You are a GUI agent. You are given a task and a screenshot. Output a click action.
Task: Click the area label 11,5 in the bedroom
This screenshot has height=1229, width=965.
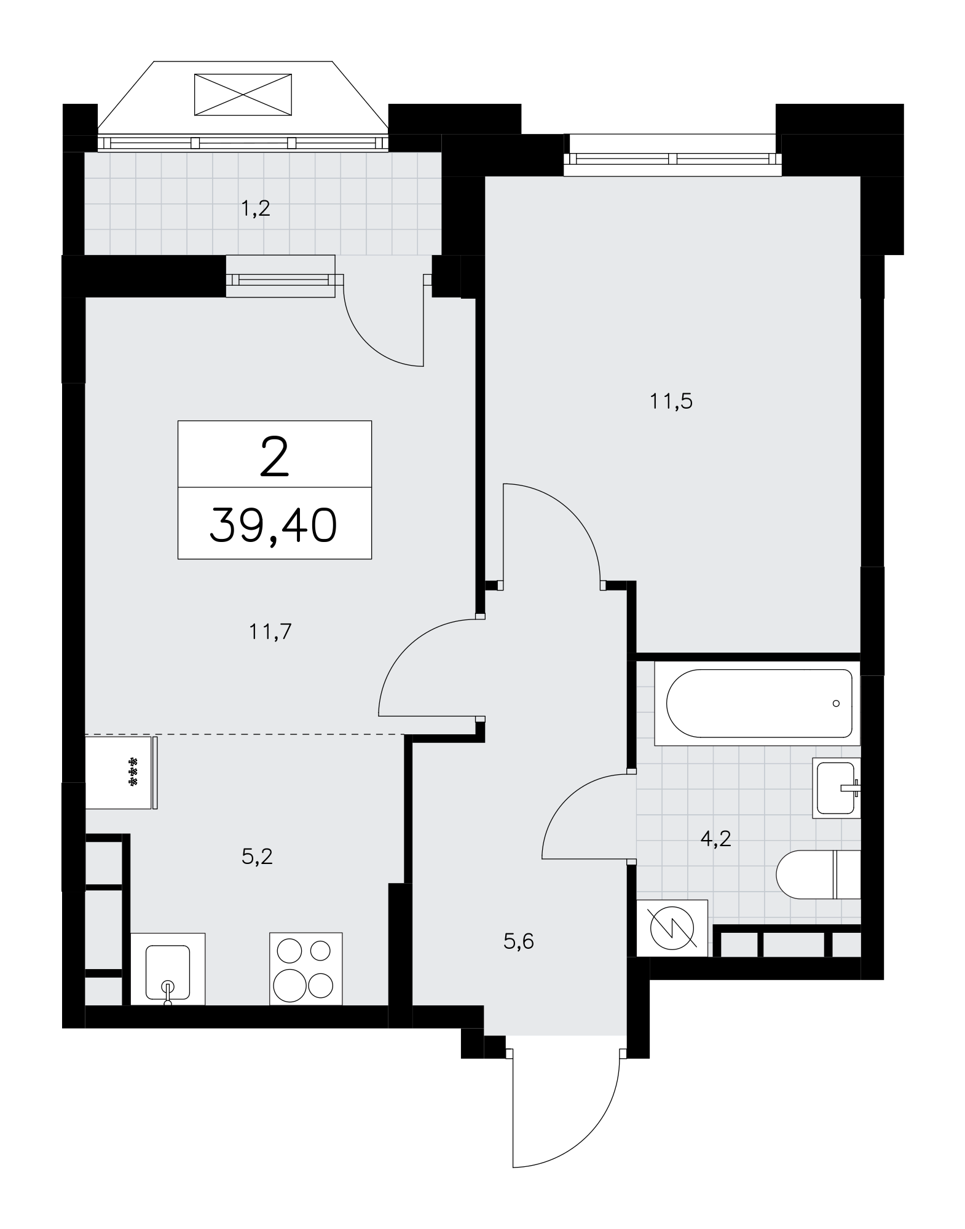tap(671, 401)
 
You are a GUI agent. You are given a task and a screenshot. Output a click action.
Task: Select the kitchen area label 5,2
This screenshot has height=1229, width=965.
tap(257, 856)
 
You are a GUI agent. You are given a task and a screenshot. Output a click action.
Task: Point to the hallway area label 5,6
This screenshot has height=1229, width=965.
tap(519, 941)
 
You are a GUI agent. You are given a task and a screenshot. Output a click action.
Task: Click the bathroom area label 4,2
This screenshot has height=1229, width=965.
tap(716, 838)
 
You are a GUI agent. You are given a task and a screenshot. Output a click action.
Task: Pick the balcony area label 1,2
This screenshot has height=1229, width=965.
tap(255, 209)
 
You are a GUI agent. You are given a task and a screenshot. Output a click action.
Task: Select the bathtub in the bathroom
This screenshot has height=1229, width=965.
tap(757, 703)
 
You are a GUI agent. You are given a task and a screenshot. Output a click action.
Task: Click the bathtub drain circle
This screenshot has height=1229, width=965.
tap(835, 703)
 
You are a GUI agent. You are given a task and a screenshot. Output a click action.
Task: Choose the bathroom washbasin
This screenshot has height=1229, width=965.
tap(837, 788)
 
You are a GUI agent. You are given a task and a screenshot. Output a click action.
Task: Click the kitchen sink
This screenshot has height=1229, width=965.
tap(168, 969)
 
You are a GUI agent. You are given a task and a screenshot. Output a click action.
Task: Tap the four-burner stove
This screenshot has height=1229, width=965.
tap(305, 969)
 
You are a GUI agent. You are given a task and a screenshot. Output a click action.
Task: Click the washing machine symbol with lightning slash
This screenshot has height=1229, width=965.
tap(672, 928)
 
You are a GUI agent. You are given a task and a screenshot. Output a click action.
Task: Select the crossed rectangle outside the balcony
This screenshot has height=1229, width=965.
tap(243, 95)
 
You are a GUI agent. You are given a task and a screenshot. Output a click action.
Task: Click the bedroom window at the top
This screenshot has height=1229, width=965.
tap(673, 159)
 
